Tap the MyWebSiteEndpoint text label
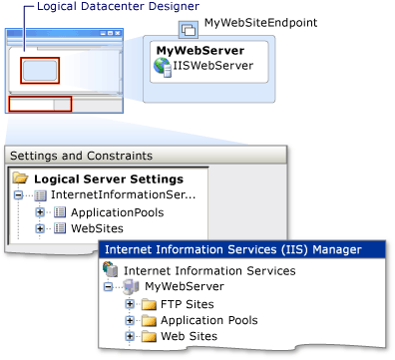click(252, 21)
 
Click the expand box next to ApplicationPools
click(39, 212)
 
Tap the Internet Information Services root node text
click(199, 270)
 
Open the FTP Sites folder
click(187, 304)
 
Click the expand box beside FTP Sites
click(130, 304)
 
